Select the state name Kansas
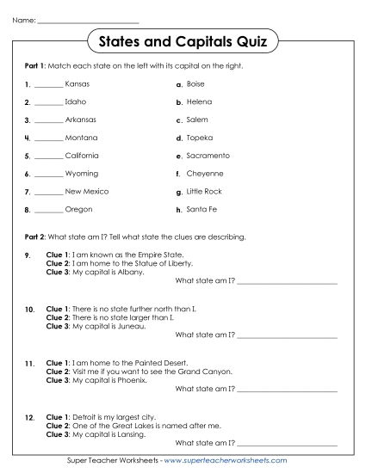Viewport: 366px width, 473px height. (x=77, y=84)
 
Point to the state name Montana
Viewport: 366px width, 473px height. (x=81, y=138)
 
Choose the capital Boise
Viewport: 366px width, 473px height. (x=195, y=84)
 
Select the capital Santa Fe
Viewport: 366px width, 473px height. (x=202, y=209)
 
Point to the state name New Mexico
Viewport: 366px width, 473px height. (x=86, y=191)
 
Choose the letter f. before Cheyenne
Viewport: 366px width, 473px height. (x=177, y=174)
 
